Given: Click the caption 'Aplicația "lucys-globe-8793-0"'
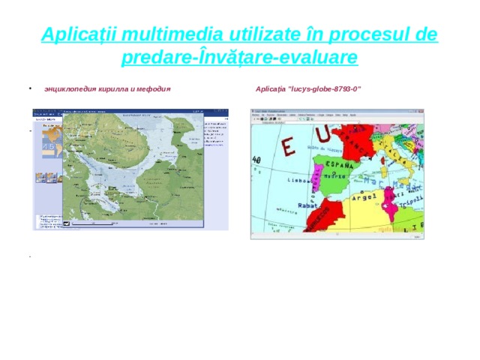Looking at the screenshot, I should point(308,89).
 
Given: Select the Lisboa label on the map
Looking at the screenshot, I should point(300,181).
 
